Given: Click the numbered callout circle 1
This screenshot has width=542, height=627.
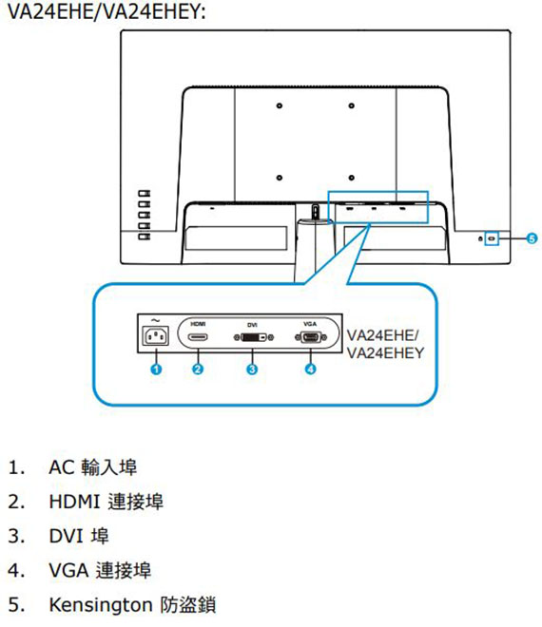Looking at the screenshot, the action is [156, 369].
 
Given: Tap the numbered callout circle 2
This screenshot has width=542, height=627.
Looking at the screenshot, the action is [198, 369].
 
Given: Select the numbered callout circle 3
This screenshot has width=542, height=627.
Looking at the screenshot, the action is [252, 369].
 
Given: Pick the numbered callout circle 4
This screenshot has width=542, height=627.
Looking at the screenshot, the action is [311, 369].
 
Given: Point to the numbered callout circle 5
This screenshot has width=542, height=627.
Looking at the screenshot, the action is [532, 238].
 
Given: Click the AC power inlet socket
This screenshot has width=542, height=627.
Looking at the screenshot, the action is [156, 336].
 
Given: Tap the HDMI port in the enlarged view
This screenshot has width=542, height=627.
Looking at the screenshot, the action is [198, 337].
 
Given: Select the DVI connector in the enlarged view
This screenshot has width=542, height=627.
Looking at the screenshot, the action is [254, 337].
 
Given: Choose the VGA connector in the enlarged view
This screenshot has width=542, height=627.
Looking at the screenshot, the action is [311, 337].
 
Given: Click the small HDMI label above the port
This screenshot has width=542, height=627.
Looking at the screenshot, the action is [198, 324].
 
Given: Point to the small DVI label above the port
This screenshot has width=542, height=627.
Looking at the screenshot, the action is [252, 325].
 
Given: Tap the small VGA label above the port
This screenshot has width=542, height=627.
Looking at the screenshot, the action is [310, 324].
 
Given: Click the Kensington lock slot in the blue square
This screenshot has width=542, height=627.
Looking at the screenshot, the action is [492, 238].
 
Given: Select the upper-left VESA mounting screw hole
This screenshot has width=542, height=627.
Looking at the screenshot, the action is [280, 105].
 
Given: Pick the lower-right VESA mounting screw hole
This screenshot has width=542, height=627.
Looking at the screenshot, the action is [352, 178].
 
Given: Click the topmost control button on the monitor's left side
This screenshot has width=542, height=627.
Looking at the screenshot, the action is [145, 194].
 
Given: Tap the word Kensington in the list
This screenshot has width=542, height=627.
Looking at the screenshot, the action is [101, 605].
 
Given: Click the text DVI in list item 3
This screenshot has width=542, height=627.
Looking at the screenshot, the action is [67, 536].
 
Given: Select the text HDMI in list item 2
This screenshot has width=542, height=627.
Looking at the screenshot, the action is [74, 502].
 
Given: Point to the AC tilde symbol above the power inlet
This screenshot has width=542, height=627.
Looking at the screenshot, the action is [156, 320].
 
